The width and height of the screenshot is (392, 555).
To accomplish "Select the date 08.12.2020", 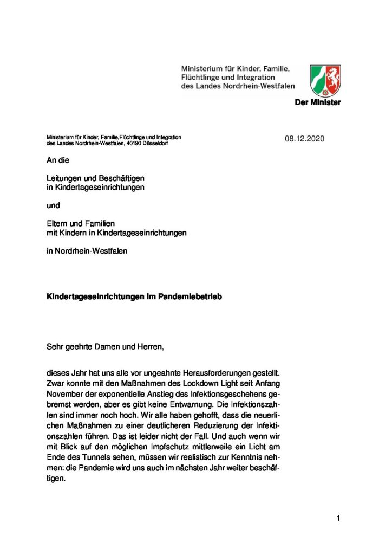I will tap(304, 139).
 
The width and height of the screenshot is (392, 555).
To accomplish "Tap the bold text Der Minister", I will tap(318, 103).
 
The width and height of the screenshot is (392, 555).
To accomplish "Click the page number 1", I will tap(338, 519).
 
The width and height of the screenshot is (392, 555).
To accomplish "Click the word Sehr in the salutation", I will tap(55, 347).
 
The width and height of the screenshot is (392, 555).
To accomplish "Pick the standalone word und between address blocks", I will tap(53, 205).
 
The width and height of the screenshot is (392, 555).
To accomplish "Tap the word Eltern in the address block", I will tap(57, 223).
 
